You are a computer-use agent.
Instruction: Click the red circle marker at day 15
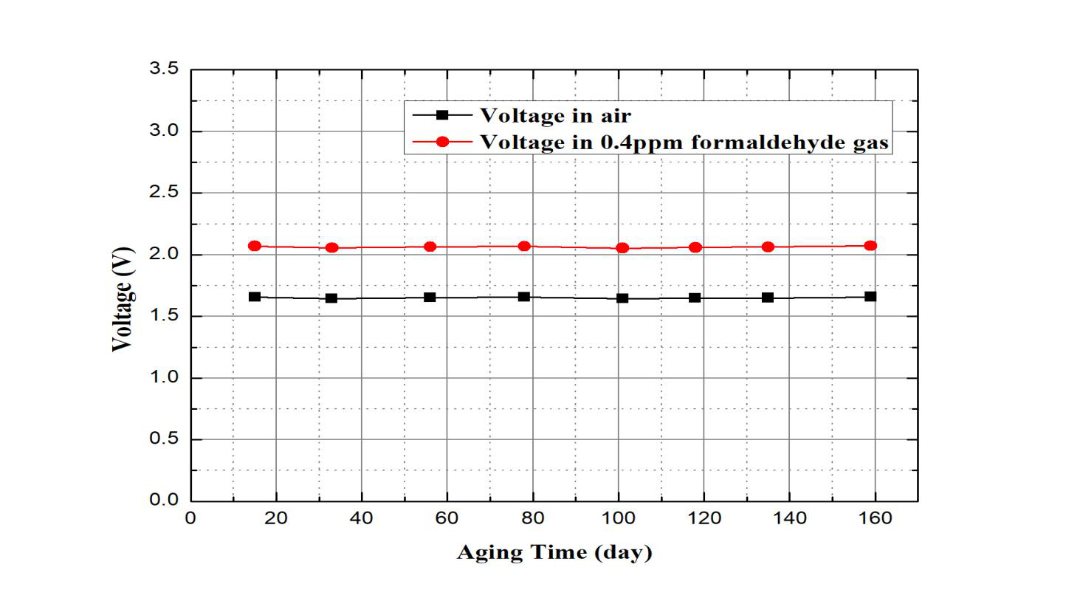[x=255, y=246]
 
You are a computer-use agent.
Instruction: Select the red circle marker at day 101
[x=622, y=248]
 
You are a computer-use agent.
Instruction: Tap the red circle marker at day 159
[x=870, y=245]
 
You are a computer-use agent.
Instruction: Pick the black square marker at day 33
[x=331, y=298]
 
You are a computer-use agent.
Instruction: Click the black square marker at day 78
[x=524, y=297]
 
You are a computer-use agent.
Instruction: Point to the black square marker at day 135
[x=768, y=298]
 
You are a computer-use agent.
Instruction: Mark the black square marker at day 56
[x=430, y=298]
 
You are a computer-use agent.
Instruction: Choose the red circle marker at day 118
[x=695, y=247]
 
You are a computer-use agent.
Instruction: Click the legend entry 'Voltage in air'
[x=555, y=115]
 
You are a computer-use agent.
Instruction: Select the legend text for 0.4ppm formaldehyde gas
[x=684, y=141]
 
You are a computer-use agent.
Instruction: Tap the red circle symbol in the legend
[x=442, y=141]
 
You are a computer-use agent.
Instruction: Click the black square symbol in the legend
[x=442, y=115]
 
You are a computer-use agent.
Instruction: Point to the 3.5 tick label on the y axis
[x=164, y=69]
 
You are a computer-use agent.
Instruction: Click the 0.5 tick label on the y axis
[x=164, y=439]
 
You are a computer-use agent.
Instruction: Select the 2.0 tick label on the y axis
[x=164, y=254]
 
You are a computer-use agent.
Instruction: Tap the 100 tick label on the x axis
[x=619, y=518]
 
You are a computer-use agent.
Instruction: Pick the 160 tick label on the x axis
[x=876, y=518]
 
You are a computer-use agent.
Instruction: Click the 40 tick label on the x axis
[x=362, y=518]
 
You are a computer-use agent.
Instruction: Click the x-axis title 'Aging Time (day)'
[x=554, y=552]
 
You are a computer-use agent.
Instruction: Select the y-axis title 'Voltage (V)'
[x=123, y=299]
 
